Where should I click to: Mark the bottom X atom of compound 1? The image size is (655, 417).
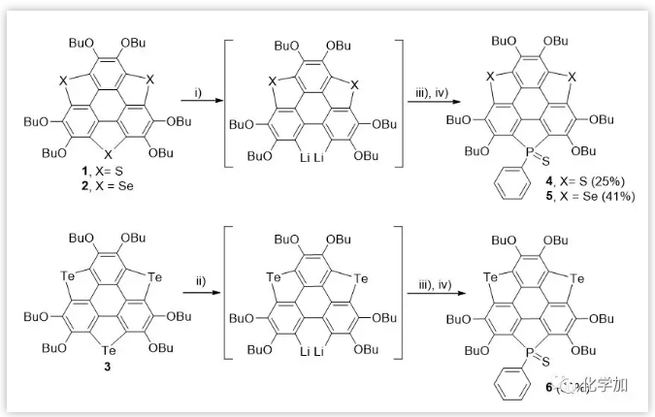coord(108,153)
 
